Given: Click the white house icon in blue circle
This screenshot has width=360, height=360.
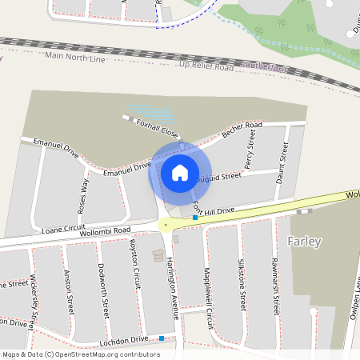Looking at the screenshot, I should point(180,172).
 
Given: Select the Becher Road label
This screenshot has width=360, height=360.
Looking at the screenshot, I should point(242,130).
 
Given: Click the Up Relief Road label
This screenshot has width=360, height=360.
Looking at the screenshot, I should point(206,66).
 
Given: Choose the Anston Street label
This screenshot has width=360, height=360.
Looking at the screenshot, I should point(70,292).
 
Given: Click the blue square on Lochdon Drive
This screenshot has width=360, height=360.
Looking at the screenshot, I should point(162,338).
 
